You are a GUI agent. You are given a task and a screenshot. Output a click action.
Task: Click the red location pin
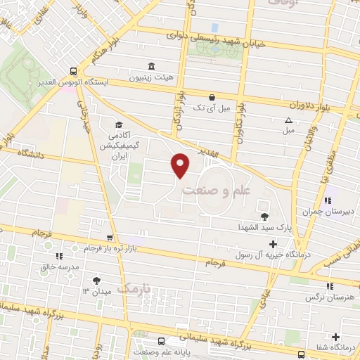coord(181,165)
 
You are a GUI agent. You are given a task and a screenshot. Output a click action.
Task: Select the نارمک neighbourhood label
coord(134,288)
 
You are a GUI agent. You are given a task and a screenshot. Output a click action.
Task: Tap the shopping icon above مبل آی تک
coord(212,97)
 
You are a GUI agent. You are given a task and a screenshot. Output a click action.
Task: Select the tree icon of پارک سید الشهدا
coord(264,217)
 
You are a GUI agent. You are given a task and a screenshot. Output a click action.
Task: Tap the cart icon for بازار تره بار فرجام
coord(109,238)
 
